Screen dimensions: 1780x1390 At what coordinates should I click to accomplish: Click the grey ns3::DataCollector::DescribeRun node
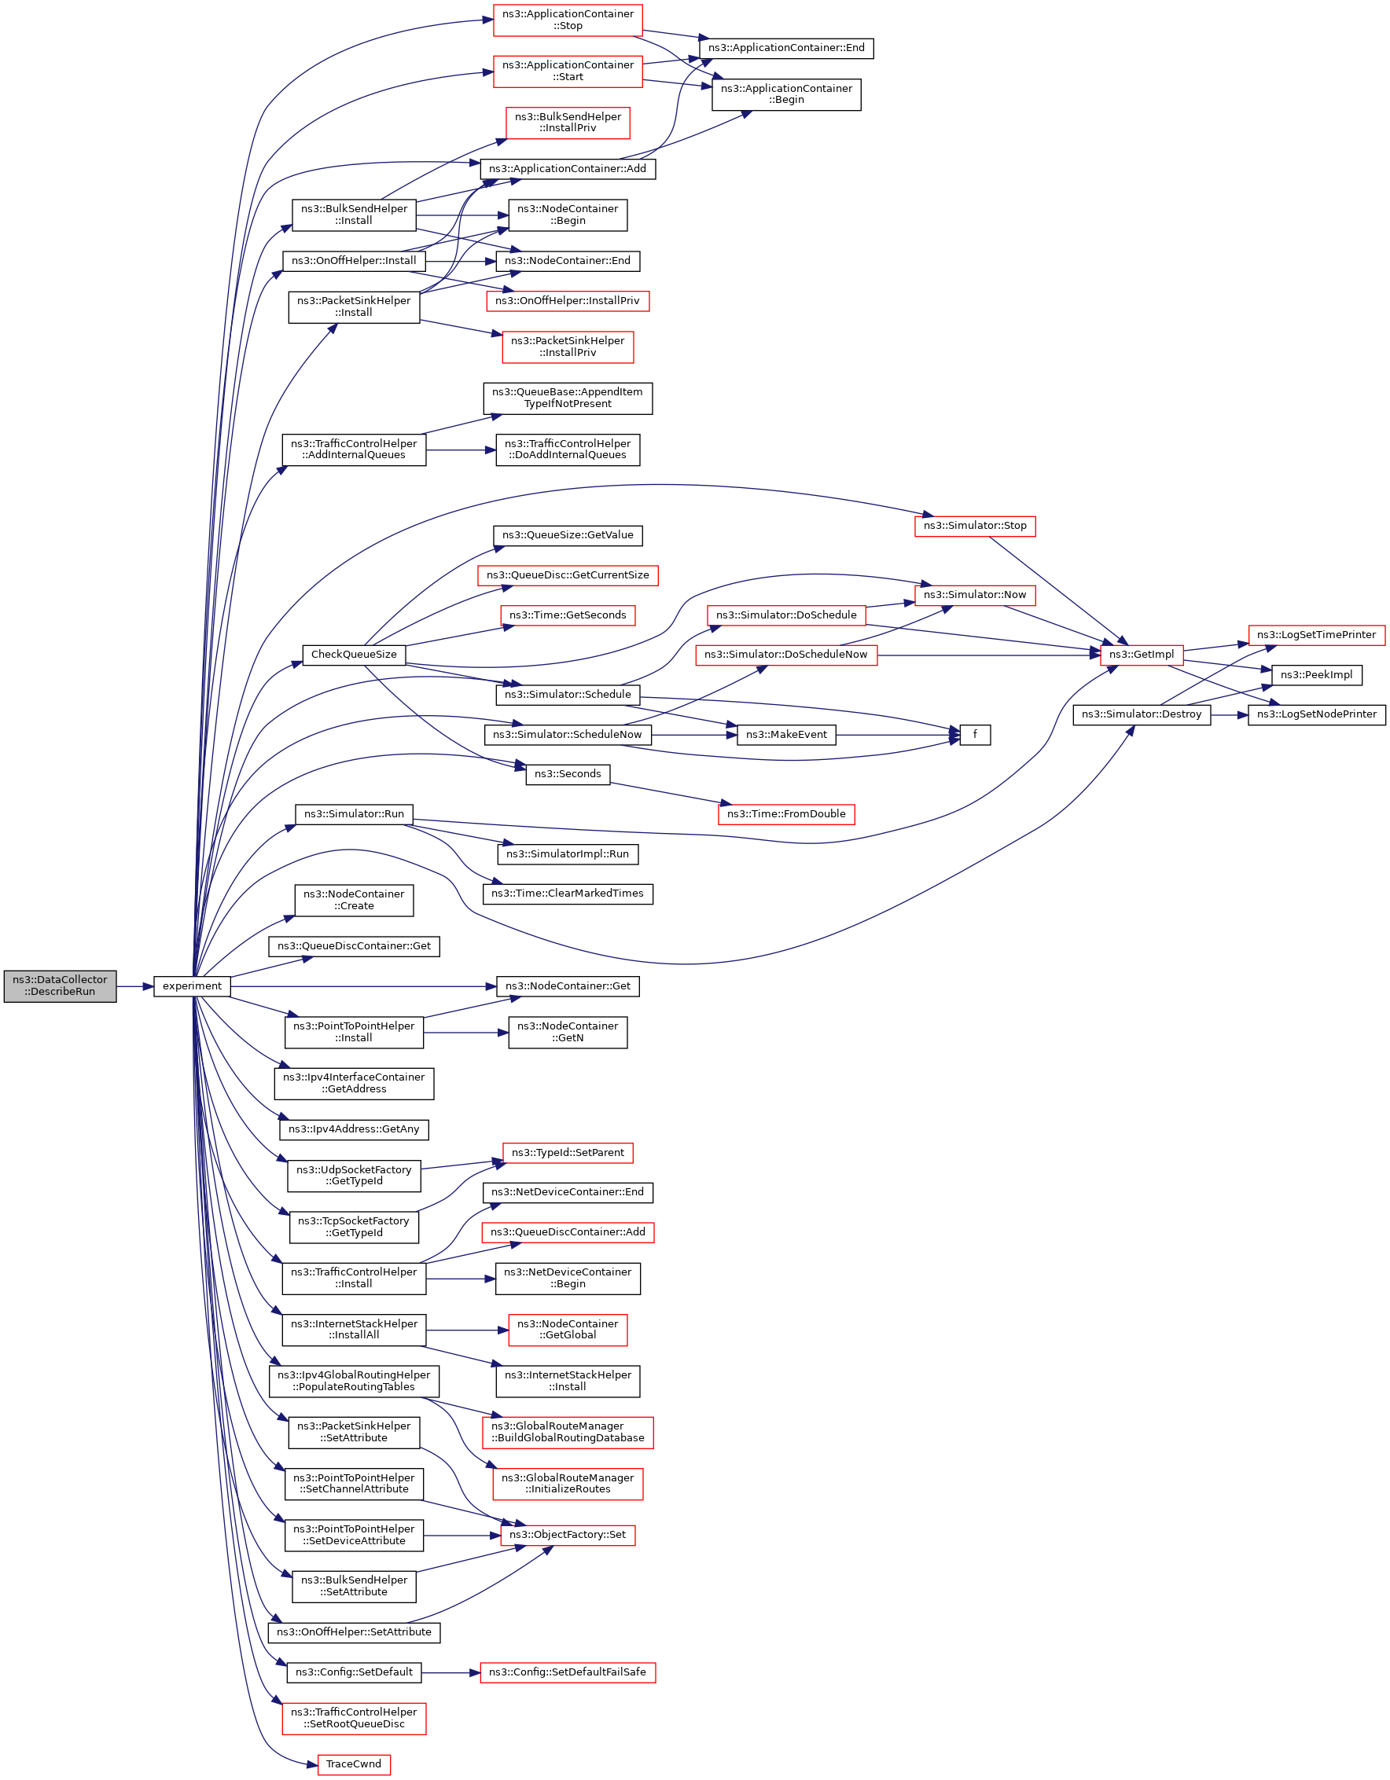60,985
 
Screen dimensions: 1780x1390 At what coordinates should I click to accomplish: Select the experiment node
192,986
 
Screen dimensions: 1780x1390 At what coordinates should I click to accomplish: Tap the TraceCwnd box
354,1764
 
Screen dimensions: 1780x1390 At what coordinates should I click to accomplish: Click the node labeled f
974,734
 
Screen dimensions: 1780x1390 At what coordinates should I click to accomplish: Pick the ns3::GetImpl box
1142,655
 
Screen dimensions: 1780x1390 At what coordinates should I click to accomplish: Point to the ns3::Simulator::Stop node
974,526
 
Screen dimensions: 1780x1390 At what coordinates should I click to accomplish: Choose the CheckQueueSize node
354,655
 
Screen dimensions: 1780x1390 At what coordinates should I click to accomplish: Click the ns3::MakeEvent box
786,734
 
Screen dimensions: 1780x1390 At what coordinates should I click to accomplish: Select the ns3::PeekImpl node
1316,675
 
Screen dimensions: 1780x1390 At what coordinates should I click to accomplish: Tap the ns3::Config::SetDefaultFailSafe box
568,1672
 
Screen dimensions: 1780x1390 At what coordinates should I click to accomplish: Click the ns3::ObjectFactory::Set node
568,1535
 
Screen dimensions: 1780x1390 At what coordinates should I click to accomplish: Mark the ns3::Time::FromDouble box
786,813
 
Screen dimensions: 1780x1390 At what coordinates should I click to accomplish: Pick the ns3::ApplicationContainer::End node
786,48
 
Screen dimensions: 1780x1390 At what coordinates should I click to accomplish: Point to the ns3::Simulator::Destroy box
1142,714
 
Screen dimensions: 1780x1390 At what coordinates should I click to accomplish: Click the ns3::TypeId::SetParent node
568,1152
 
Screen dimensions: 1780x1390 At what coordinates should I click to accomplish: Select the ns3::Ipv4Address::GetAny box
354,1129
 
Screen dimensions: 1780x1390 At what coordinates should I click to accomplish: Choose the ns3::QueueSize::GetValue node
568,535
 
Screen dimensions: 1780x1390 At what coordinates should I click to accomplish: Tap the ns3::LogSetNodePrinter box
1316,714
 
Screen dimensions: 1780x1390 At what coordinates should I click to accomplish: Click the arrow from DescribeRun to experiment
134,986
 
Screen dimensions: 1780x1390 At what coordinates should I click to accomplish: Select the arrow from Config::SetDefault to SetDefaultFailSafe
450,1672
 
